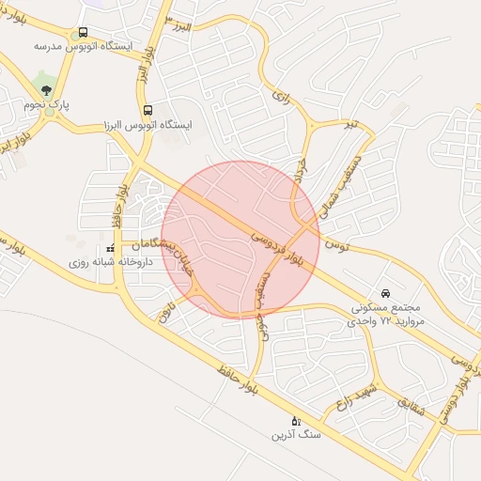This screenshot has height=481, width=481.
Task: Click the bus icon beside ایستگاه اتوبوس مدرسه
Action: tap(84, 32)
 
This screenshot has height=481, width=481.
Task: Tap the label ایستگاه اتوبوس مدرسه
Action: tap(84, 45)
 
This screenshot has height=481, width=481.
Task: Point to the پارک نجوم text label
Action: tap(47, 105)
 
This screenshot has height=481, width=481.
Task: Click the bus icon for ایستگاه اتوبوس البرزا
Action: tap(147, 110)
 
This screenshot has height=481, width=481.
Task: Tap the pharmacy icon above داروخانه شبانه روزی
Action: tap(111, 248)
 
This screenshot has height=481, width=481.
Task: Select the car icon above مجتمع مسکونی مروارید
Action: tap(386, 291)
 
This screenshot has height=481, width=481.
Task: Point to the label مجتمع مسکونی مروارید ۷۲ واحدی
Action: tap(388, 314)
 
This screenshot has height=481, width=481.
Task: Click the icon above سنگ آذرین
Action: tap(297, 420)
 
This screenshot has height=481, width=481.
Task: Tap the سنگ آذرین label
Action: tap(297, 435)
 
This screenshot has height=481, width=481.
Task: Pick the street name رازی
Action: tap(278, 95)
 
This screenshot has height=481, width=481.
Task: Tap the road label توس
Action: tap(335, 244)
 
